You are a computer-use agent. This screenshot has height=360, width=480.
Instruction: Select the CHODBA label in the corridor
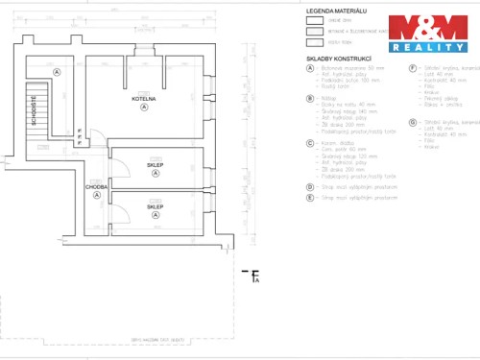pos(96,187)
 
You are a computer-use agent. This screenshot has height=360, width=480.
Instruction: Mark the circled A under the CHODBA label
pos(96,196)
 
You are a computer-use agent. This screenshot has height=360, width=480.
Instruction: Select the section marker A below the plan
pos(255,279)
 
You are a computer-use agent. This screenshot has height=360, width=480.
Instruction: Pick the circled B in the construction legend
pos(309,98)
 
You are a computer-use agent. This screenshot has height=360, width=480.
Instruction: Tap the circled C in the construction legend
pos(309,143)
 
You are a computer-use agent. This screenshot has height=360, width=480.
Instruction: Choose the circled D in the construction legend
pos(309,187)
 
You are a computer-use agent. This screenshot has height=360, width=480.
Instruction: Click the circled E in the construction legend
pos(309,198)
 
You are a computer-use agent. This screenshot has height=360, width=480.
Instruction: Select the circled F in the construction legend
pos(412,68)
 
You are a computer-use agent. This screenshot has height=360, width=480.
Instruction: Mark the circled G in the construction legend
pos(412,122)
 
